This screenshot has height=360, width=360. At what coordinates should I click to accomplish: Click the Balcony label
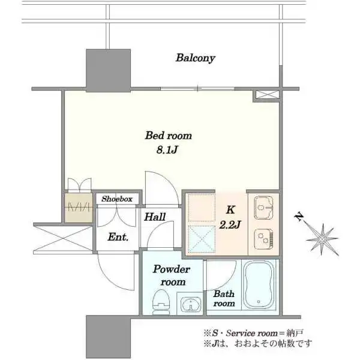click(x=196, y=58)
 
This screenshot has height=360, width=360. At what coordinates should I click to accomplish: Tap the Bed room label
click(x=168, y=136)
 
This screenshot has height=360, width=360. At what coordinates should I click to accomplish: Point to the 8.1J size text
click(x=167, y=150)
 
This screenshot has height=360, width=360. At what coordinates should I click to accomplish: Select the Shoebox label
click(x=117, y=199)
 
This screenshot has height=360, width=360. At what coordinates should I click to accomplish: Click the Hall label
click(x=155, y=217)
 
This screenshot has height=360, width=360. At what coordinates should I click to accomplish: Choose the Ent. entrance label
click(x=118, y=237)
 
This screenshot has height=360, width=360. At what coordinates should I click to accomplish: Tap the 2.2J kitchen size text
click(x=230, y=224)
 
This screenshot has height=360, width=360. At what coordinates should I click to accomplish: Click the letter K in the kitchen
click(x=230, y=210)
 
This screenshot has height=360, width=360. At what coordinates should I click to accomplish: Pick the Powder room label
click(x=172, y=275)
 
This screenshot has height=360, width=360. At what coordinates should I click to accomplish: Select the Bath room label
click(x=224, y=298)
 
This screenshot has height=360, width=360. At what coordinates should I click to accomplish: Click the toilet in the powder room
click(x=161, y=302)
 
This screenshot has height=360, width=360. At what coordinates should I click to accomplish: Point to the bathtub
click(x=259, y=286)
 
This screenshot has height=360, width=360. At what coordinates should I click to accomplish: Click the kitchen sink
click(x=264, y=208)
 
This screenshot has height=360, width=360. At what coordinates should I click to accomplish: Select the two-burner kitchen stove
click(x=264, y=239)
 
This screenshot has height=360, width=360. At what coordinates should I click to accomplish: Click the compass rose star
click(x=322, y=239)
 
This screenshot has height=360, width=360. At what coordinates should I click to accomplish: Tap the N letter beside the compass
click(x=299, y=217)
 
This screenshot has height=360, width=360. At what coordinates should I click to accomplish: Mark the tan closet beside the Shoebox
click(x=79, y=208)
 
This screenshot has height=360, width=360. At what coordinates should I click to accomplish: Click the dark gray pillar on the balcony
click(x=109, y=70)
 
